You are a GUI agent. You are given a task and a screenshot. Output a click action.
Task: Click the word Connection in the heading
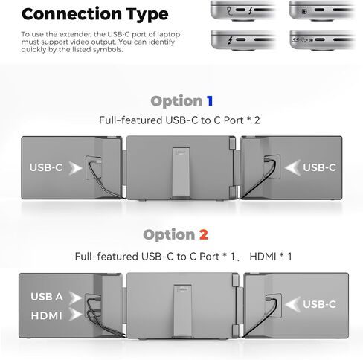[71, 14]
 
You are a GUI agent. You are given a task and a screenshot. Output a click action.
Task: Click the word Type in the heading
[147, 15]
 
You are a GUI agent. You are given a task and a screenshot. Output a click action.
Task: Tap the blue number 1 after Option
[210, 101]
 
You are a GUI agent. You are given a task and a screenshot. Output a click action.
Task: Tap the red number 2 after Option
[204, 234]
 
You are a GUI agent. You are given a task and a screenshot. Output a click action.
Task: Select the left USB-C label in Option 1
[46, 167]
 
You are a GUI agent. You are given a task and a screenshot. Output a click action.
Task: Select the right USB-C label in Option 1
[319, 167]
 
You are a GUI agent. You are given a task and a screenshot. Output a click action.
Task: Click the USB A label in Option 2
[47, 297]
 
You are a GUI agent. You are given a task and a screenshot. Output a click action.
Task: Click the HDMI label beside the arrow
[46, 315]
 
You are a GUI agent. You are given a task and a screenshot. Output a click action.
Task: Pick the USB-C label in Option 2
[319, 304]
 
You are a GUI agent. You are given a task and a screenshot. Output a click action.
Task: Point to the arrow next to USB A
[75, 298]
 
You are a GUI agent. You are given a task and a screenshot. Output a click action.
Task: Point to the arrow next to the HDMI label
[75, 315]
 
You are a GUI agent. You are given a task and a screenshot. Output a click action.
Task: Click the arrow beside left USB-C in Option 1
[75, 168]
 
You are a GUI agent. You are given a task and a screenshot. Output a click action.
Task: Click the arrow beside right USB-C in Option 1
[292, 167]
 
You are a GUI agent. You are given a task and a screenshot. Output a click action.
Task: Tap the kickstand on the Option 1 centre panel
[181, 173]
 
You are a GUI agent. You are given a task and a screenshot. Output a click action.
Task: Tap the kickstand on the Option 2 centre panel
[183, 311]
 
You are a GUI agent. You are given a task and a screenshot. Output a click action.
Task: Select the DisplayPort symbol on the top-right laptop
[304, 11]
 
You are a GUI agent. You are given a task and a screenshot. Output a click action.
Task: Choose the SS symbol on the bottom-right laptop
[295, 39]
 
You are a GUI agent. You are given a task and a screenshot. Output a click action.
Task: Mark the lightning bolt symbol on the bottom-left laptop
[230, 40]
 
